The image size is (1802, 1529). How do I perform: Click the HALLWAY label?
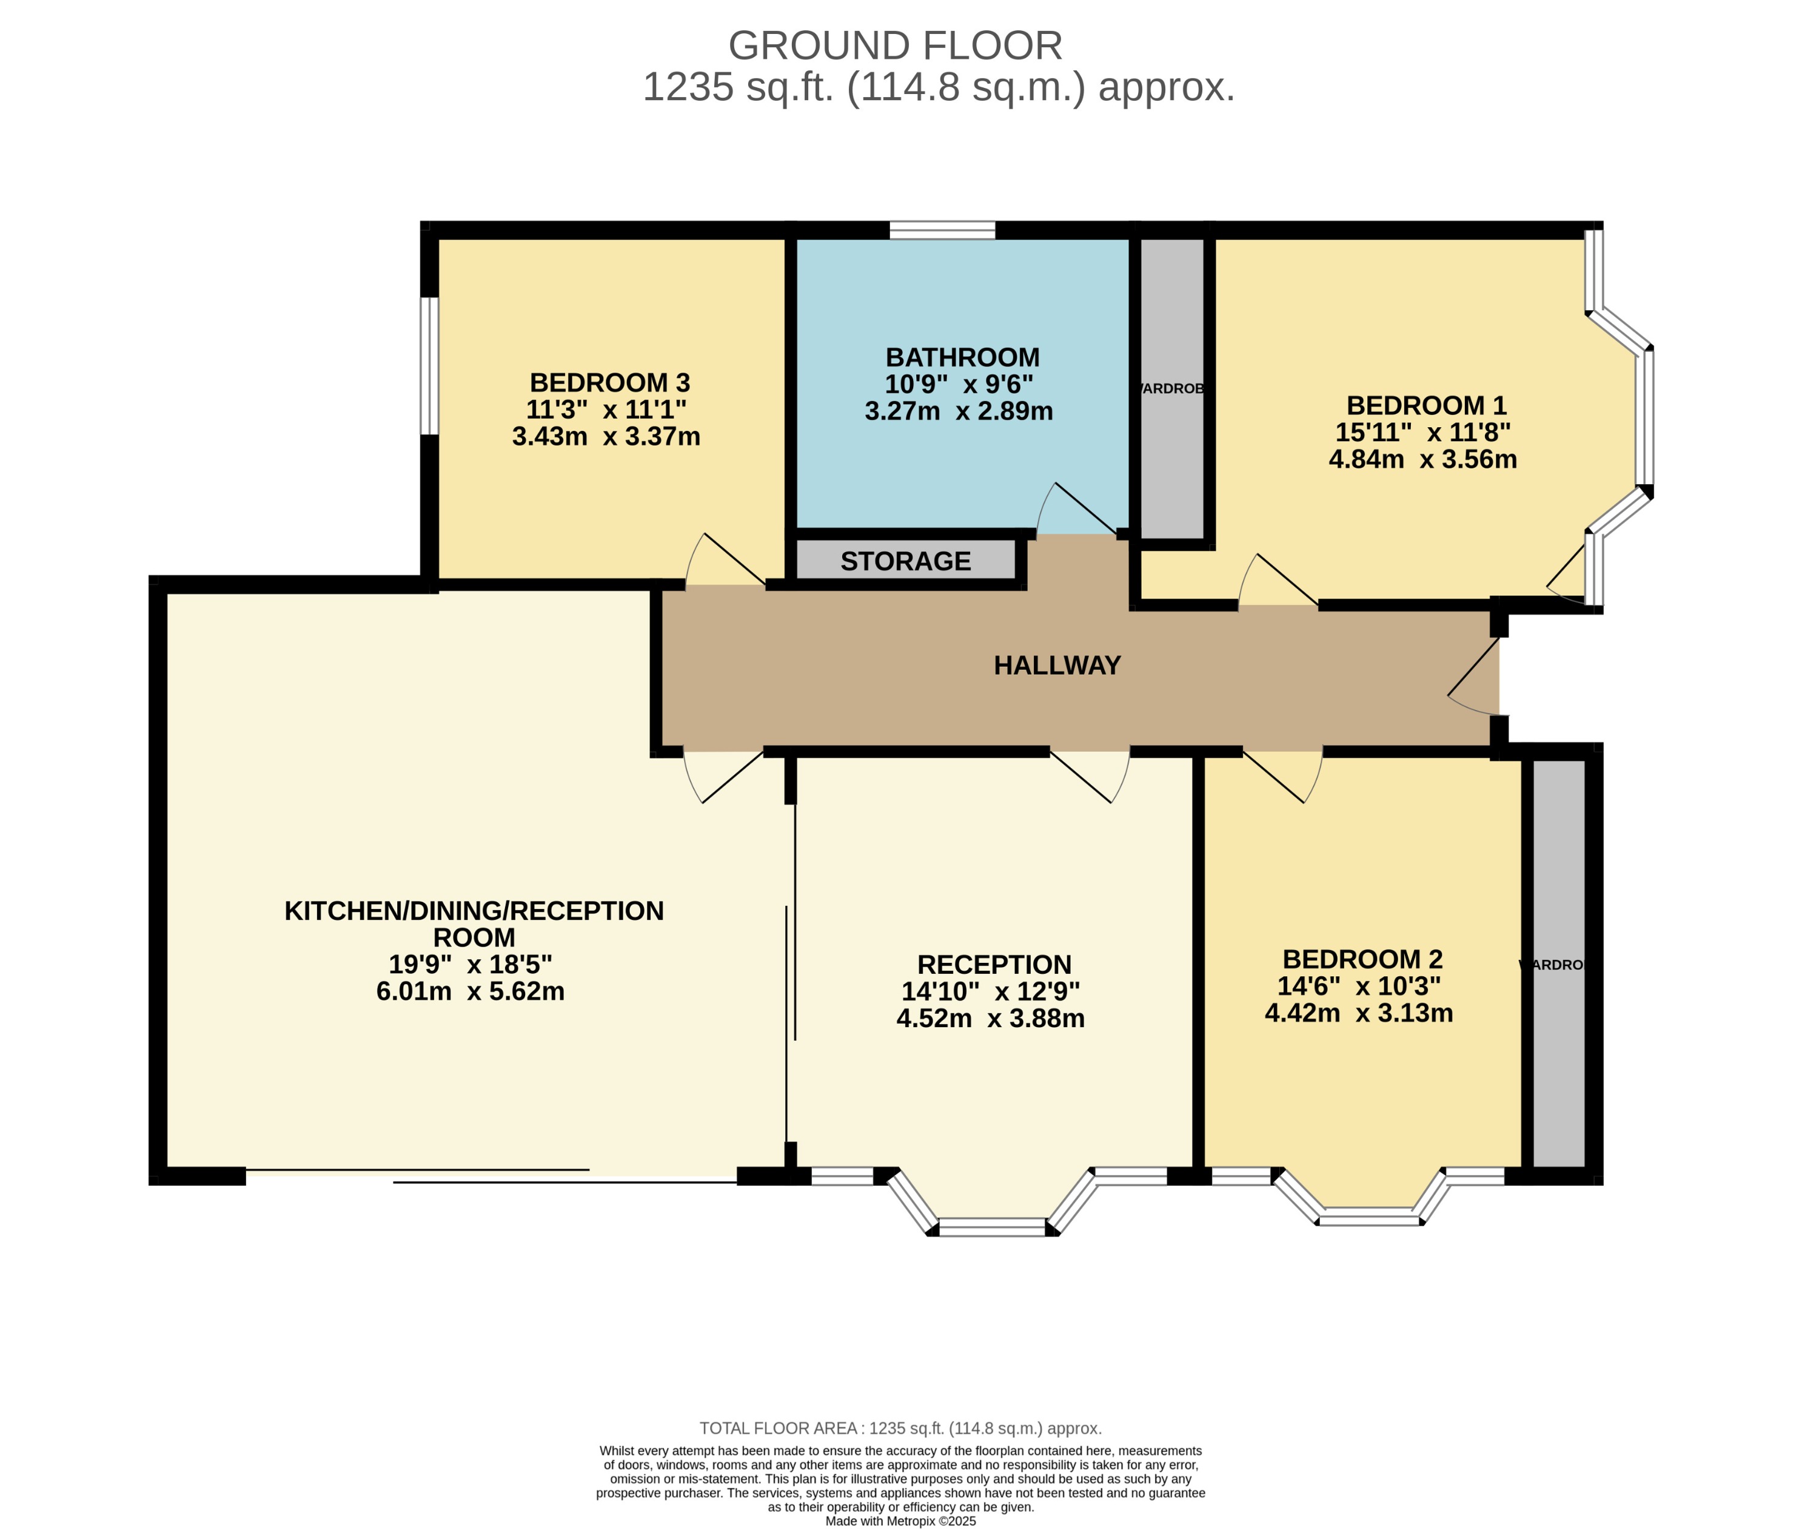click(x=1057, y=665)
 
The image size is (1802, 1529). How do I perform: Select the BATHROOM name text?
click(x=962, y=357)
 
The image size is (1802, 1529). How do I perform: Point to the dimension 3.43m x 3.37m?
click(x=606, y=436)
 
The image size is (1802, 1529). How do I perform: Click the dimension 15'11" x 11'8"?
click(x=1422, y=431)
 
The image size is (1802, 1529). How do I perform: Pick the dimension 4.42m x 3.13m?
click(x=1358, y=1013)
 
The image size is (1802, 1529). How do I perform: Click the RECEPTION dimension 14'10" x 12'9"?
click(x=990, y=991)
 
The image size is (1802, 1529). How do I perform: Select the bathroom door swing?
click(x=1074, y=511)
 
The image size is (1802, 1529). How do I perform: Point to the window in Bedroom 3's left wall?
click(x=429, y=366)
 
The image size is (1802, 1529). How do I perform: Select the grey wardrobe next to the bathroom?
click(x=1171, y=388)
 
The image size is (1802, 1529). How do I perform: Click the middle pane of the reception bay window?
click(x=992, y=1226)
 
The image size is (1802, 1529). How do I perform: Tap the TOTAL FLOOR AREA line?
click(x=900, y=1428)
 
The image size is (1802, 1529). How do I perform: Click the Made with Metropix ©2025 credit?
click(x=900, y=1521)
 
